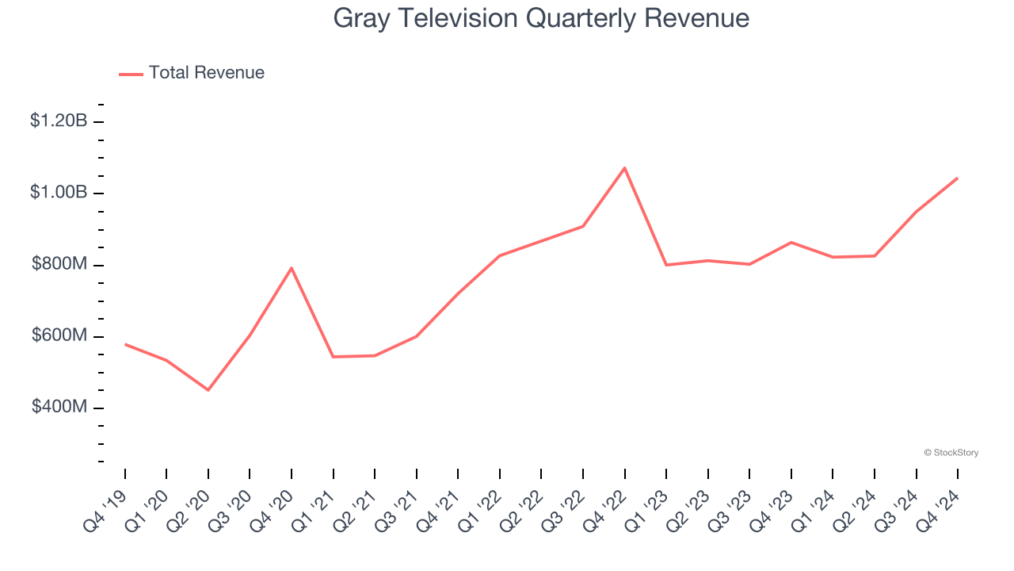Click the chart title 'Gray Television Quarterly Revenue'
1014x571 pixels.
click(x=541, y=18)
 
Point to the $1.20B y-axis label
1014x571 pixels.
click(x=59, y=121)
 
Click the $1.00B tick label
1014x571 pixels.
click(x=59, y=193)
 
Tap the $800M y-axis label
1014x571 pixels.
click(x=59, y=264)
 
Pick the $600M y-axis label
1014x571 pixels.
click(x=59, y=335)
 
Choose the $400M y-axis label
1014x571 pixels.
click(x=59, y=407)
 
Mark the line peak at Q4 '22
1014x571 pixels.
click(x=625, y=168)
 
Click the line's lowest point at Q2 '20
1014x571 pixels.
click(x=208, y=390)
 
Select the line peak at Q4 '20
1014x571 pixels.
click(x=292, y=268)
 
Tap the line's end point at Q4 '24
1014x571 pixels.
click(x=958, y=178)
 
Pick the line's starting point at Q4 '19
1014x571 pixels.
click(x=125, y=344)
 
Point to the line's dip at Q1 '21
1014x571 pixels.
click(x=334, y=357)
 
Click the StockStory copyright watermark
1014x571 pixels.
click(x=951, y=453)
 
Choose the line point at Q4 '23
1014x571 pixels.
click(x=791, y=243)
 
